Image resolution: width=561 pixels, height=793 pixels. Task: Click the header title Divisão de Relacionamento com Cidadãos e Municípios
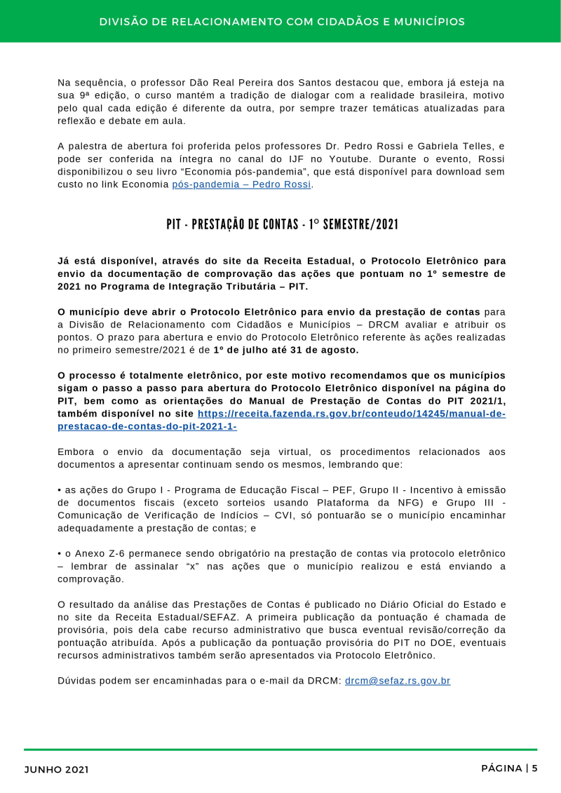[x=281, y=22]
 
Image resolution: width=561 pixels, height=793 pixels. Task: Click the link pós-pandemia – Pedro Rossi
[x=242, y=184]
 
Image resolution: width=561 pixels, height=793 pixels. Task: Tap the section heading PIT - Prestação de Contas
[x=282, y=224]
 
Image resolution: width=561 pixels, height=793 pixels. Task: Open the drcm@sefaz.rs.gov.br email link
[x=397, y=680]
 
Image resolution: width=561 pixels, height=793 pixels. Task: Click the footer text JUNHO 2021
[x=56, y=770]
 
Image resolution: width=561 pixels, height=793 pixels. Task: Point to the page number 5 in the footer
[x=534, y=768]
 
